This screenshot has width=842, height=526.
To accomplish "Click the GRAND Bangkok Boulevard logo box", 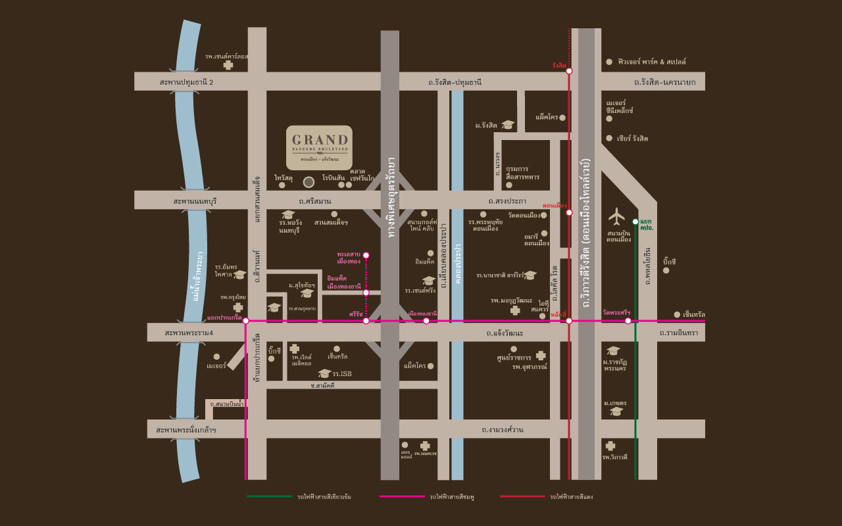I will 319,147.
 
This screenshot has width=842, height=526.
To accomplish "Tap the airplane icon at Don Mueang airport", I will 616,215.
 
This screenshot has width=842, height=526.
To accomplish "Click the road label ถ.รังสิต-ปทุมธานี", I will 455,82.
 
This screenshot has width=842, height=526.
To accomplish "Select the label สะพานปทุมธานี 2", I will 187,82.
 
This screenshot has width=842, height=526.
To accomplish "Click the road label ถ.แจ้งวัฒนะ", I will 505,333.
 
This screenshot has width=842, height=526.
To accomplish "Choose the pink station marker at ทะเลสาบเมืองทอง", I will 366,255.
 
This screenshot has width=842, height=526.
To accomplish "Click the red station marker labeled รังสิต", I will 569,71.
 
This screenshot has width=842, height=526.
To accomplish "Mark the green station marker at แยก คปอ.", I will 635,222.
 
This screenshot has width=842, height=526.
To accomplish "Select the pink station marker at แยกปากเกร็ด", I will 245,321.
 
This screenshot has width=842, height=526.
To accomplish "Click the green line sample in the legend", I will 270,496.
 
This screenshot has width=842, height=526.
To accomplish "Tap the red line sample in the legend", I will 522,496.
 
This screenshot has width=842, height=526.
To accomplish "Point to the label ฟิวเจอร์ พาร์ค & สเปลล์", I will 652,61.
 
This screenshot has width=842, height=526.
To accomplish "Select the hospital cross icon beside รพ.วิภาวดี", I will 610,445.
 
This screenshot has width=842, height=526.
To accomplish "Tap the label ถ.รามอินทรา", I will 681,333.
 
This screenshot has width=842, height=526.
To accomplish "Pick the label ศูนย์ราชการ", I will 515,358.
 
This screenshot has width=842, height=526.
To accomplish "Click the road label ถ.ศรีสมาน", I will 314,200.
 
